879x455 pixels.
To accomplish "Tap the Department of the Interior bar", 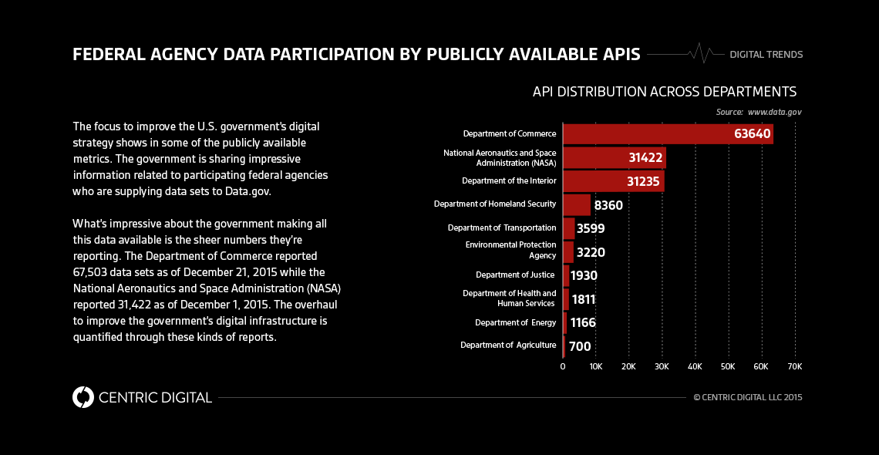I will coord(613,181).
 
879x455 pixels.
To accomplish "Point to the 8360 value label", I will coord(608,205).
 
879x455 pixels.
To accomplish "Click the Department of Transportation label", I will coord(502,228).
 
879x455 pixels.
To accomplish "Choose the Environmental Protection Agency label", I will coord(510,250).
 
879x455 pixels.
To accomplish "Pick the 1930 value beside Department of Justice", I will coord(584,275).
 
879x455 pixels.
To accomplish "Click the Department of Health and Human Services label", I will coord(509,298).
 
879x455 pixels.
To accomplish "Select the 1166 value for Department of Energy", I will coord(582,322).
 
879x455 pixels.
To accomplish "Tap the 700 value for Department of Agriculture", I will coord(580,346).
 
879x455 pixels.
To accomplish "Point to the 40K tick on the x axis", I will coord(695,366).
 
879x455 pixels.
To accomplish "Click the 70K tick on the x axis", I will coord(794,366).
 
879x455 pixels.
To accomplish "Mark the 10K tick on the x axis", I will coord(595,366).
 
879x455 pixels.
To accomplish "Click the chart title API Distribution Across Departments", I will coord(664,92).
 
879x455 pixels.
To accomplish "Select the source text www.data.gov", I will coord(774,113).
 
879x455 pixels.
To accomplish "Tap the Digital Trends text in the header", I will coord(766,55).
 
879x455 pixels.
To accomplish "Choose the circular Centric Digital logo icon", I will coord(83,397).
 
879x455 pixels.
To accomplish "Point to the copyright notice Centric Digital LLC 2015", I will coord(748,398).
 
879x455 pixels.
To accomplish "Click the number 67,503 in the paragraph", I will coord(93,271).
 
